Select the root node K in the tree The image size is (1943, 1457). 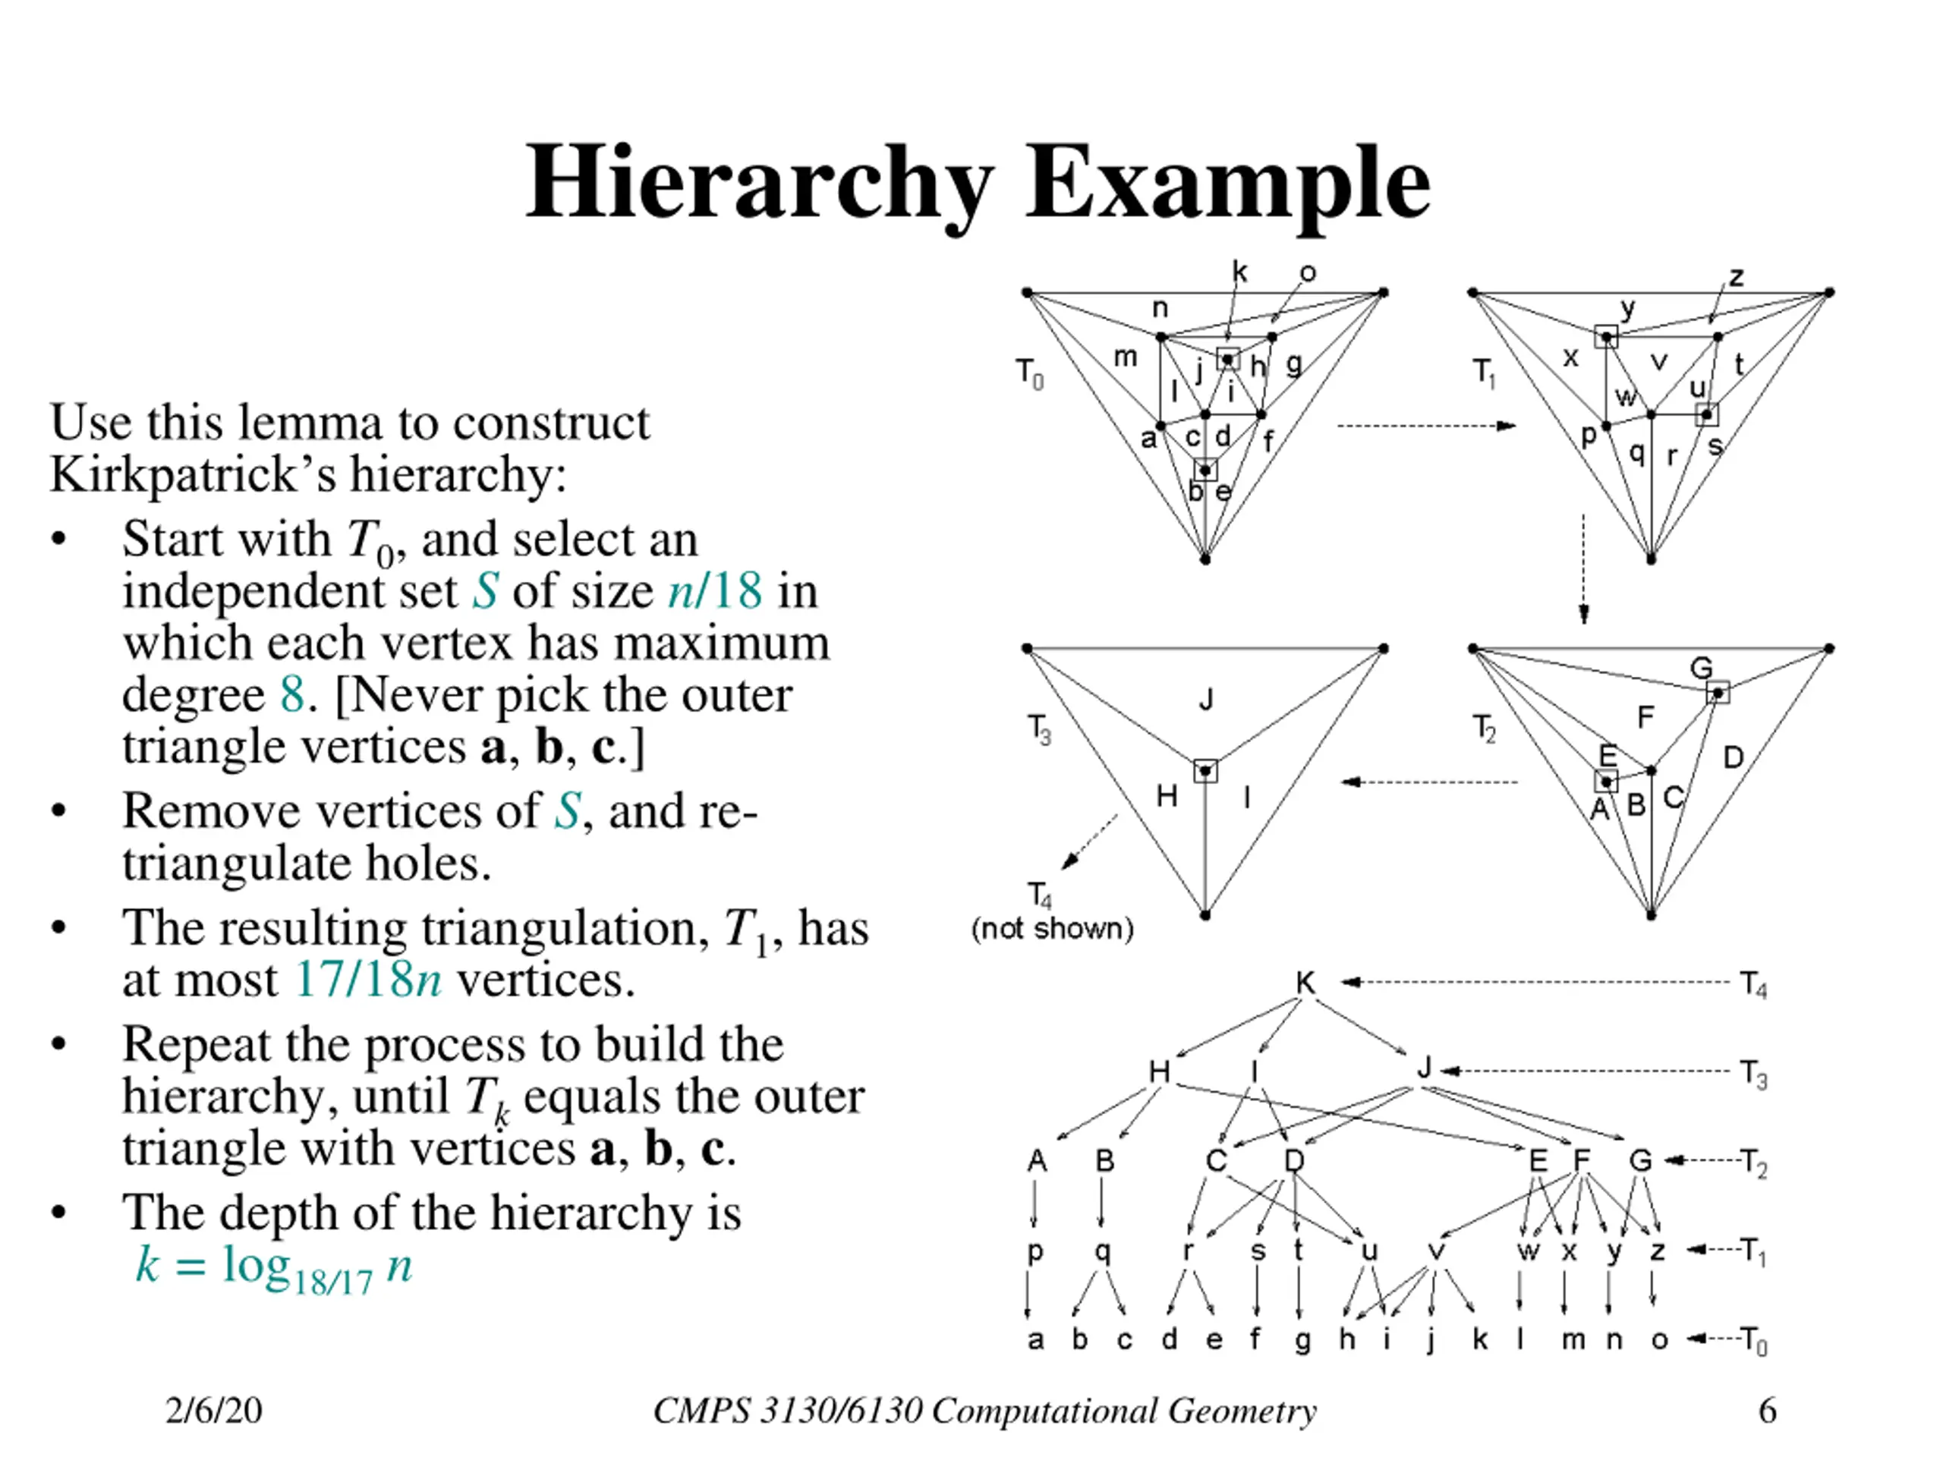pos(1306,983)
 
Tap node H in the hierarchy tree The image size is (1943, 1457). pos(1160,1072)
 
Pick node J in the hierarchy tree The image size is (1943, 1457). pos(1424,1068)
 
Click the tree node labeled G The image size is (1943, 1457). pos(1640,1161)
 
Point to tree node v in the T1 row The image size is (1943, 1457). pos(1437,1251)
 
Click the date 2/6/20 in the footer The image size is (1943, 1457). pos(213,1411)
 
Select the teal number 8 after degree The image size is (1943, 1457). pos(292,694)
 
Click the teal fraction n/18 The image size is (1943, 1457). pos(714,590)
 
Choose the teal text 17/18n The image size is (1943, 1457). pos(367,979)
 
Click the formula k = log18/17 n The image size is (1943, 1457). pos(273,1267)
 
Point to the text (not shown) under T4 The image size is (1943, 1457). pos(1052,928)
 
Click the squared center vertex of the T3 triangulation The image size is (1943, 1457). pos(1205,771)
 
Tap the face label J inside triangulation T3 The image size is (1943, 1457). pos(1206,700)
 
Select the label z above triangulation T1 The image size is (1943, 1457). pos(1737,277)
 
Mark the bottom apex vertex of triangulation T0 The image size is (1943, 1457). pos(1205,559)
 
